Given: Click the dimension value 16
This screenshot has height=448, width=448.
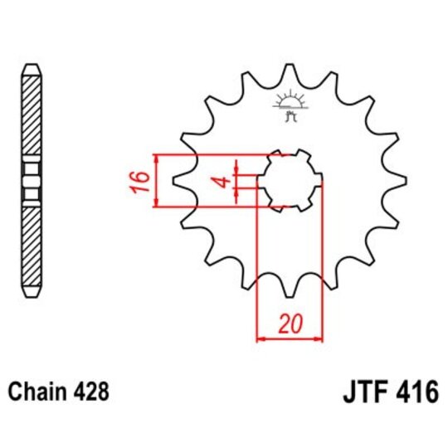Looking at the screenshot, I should [x=141, y=180].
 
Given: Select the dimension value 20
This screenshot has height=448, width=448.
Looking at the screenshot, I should [x=289, y=324].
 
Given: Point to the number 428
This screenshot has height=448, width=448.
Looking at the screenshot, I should [x=90, y=391].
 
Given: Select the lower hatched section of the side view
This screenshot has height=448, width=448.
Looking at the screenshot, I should [x=31, y=245].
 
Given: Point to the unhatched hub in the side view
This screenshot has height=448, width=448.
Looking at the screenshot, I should [x=31, y=180].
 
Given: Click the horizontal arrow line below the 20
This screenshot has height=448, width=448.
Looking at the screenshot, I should [x=289, y=338].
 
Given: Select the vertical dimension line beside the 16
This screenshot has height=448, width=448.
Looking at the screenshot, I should [x=156, y=180].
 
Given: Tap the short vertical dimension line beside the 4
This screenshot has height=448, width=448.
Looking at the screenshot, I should [x=236, y=181].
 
